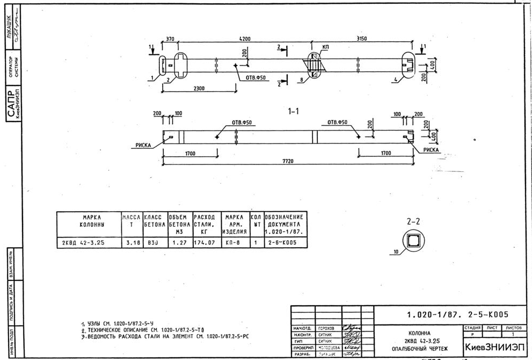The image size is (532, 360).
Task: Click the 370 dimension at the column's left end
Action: coord(170,40)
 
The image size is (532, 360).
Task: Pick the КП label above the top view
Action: coord(326,47)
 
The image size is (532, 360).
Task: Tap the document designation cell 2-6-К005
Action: coord(278,242)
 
